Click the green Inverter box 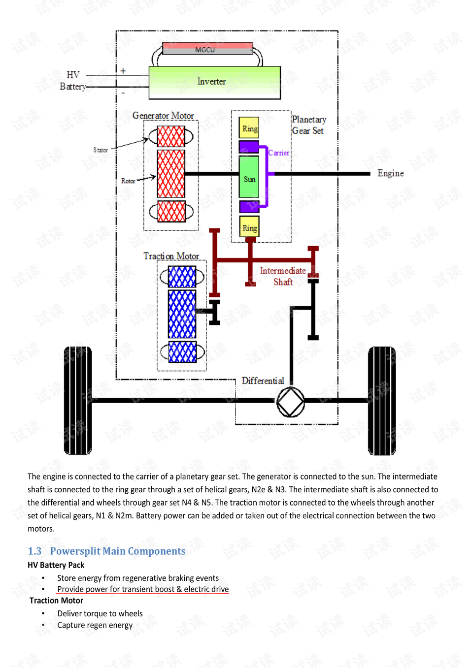[x=214, y=83]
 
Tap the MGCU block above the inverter [x=208, y=48]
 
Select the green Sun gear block [x=249, y=177]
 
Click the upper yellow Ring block [x=249, y=127]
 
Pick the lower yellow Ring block [x=249, y=226]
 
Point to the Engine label [x=390, y=173]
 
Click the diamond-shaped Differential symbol [x=290, y=402]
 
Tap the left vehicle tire [x=78, y=401]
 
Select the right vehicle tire [x=382, y=401]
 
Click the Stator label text [x=101, y=150]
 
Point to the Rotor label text [x=128, y=181]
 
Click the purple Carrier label [x=279, y=153]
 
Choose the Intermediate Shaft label [x=283, y=276]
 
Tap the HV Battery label [x=73, y=81]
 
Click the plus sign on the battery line [x=123, y=71]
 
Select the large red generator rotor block [x=171, y=174]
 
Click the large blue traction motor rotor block [x=182, y=314]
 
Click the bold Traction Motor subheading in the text [x=56, y=600]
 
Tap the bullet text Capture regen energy [x=95, y=625]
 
